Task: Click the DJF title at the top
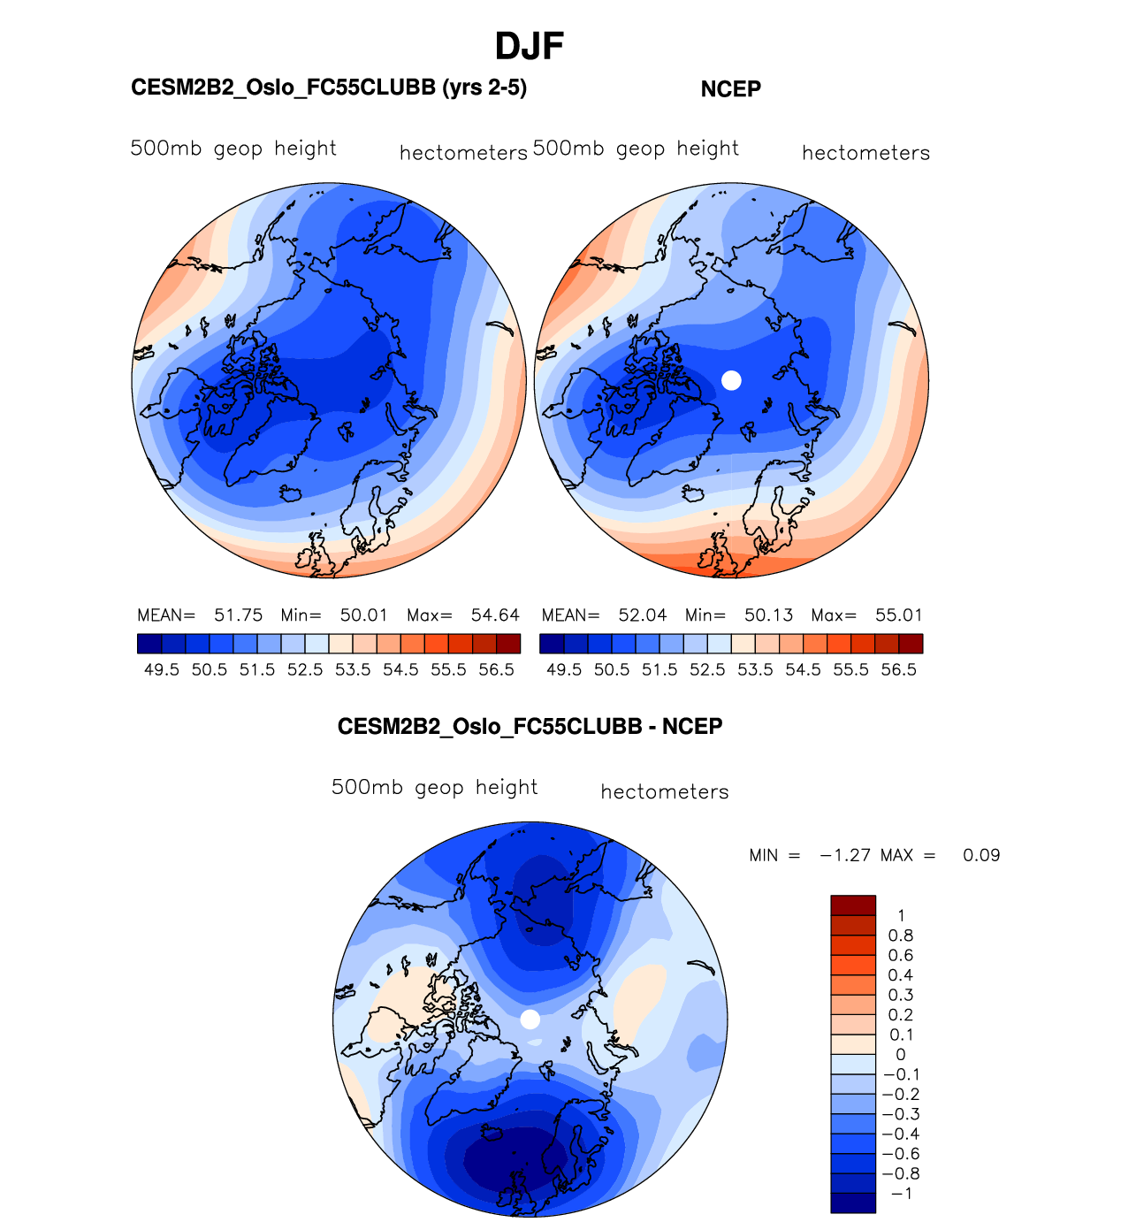[529, 46]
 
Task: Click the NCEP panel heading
[730, 89]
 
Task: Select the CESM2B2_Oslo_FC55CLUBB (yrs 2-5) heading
[329, 88]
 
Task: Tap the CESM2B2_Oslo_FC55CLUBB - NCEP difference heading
[530, 727]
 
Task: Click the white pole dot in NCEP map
[731, 380]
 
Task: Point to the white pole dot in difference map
[530, 1020]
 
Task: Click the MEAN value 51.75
[238, 615]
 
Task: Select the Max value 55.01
[899, 615]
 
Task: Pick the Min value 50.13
[768, 615]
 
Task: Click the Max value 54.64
[495, 615]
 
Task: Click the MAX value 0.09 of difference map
[981, 856]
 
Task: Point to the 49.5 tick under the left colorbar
[162, 670]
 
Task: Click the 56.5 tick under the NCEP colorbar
[899, 670]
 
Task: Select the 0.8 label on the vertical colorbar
[901, 936]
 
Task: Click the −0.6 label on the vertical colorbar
[901, 1154]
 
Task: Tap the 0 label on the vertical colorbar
[901, 1055]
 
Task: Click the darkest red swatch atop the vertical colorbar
[853, 905]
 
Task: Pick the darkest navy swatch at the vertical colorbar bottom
[853, 1203]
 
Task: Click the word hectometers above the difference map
[665, 792]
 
